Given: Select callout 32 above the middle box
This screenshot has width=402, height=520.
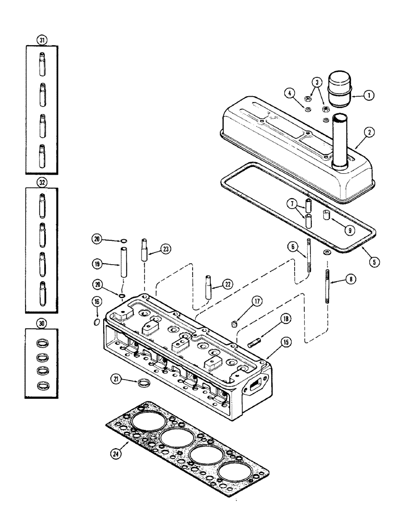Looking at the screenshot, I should [42, 183].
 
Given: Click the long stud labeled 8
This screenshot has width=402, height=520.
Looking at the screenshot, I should [328, 284].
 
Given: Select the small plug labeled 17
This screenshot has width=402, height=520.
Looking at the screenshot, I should [235, 324].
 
